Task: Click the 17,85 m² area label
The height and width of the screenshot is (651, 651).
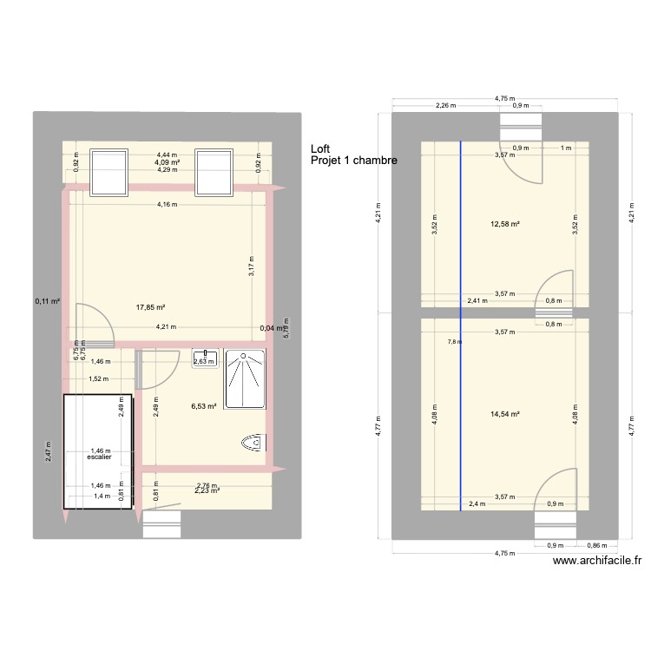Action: (x=150, y=306)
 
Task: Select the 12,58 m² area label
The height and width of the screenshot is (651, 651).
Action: (x=504, y=225)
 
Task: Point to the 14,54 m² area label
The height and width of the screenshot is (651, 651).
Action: (x=504, y=414)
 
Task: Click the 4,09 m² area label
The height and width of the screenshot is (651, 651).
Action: (x=168, y=162)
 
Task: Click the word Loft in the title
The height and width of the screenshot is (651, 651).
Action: (x=320, y=149)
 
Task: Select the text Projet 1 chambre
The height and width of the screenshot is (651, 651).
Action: (x=348, y=161)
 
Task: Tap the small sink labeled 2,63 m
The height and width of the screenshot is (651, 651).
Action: (x=205, y=358)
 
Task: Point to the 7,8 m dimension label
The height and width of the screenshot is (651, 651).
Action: (x=453, y=342)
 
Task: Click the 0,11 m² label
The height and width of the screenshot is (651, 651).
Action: (x=48, y=302)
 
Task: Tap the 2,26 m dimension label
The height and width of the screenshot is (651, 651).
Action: (x=446, y=107)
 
